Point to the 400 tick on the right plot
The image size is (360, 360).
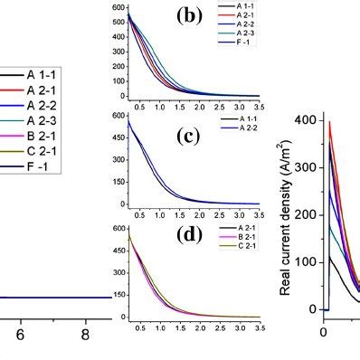[308, 120]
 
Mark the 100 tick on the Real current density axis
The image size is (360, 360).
[308, 262]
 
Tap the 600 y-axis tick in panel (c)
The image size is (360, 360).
[117, 116]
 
